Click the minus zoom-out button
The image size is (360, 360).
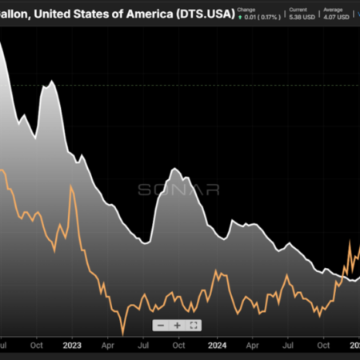pos(161,325)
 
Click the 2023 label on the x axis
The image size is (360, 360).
pos(72,346)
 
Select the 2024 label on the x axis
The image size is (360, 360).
pos(215,346)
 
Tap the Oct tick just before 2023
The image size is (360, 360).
pos(37,346)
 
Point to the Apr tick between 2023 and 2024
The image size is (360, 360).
pos(109,346)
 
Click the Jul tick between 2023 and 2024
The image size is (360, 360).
pos(144,346)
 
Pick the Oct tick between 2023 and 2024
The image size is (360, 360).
pos(179,346)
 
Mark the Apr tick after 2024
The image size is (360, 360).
pos(251,346)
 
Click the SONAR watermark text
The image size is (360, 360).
pos(180,190)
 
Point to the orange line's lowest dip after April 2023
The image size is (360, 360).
pos(124,333)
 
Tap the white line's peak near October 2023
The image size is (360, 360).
pos(174,169)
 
